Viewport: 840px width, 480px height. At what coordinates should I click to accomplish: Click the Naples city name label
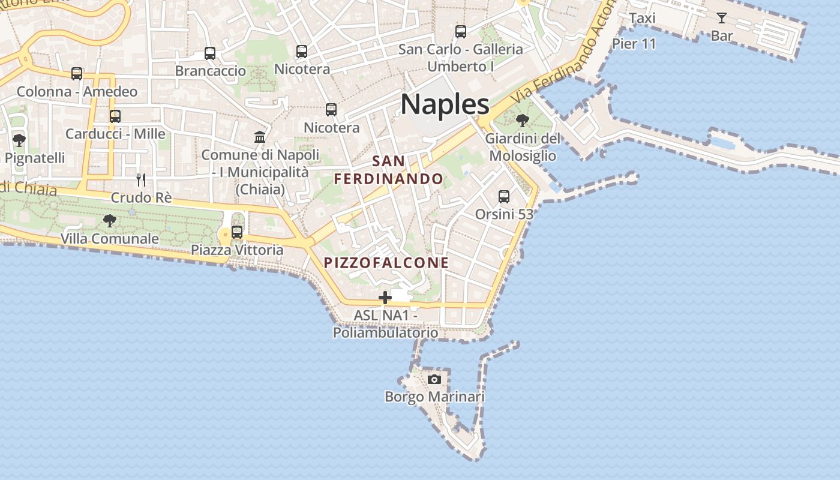click(x=445, y=104)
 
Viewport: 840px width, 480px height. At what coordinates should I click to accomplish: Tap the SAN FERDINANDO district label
click(x=389, y=170)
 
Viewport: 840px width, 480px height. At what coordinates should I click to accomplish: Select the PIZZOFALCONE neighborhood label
click(x=386, y=263)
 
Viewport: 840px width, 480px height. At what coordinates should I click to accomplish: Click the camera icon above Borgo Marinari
click(x=434, y=379)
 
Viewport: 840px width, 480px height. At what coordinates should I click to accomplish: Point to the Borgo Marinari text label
click(x=434, y=397)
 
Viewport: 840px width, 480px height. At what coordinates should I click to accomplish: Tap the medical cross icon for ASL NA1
click(x=385, y=297)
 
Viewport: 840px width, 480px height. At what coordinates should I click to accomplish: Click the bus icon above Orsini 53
click(x=504, y=196)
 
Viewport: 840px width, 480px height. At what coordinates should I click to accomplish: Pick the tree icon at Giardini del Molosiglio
click(x=523, y=121)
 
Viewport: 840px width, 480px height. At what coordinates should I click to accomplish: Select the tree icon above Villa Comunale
click(x=110, y=221)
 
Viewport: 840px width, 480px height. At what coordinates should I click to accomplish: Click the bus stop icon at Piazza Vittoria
click(x=237, y=232)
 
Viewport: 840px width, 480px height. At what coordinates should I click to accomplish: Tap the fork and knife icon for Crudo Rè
click(x=141, y=179)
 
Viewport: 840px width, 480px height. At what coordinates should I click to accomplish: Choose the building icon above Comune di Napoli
click(x=260, y=137)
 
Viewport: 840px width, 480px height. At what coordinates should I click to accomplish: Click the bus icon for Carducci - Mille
click(x=115, y=116)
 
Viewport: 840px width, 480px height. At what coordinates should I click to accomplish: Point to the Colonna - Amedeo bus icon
click(x=77, y=73)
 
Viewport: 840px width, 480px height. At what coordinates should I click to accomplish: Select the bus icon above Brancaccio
click(x=210, y=53)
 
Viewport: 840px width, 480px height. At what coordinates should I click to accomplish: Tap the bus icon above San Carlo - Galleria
click(x=461, y=31)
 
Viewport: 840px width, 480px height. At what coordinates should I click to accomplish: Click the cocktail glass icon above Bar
click(x=722, y=18)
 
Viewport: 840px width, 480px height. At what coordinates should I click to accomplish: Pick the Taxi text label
click(x=641, y=19)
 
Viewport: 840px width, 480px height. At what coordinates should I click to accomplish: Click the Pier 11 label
click(x=634, y=44)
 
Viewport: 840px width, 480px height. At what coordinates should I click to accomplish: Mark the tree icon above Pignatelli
click(x=19, y=140)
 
